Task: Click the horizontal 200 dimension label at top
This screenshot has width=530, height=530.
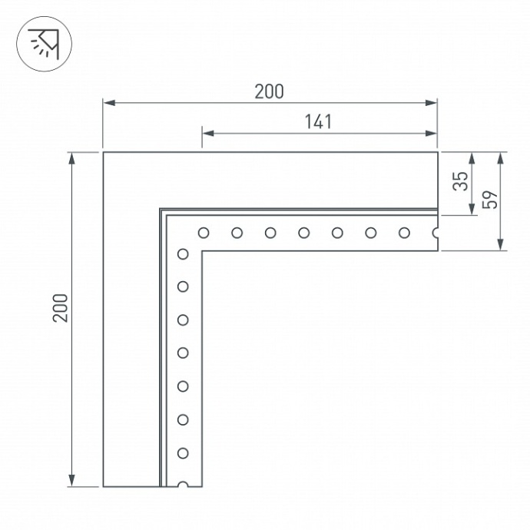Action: (x=269, y=91)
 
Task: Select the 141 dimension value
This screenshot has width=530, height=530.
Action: (x=318, y=121)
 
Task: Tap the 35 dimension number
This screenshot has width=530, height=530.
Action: (x=460, y=181)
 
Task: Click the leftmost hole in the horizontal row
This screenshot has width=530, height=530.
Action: (x=204, y=232)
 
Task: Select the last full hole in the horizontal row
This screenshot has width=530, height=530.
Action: (x=403, y=232)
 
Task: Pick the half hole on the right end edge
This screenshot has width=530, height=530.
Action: (x=436, y=232)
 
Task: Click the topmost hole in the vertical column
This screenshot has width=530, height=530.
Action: (x=183, y=253)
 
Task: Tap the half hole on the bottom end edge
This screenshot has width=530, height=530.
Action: (x=183, y=485)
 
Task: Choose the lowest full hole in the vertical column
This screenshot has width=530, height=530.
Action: (x=183, y=453)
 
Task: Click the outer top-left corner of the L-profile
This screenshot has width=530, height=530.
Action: (x=104, y=153)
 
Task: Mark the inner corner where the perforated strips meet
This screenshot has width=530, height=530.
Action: (x=201, y=250)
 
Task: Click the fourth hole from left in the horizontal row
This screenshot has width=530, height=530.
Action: (x=304, y=232)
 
